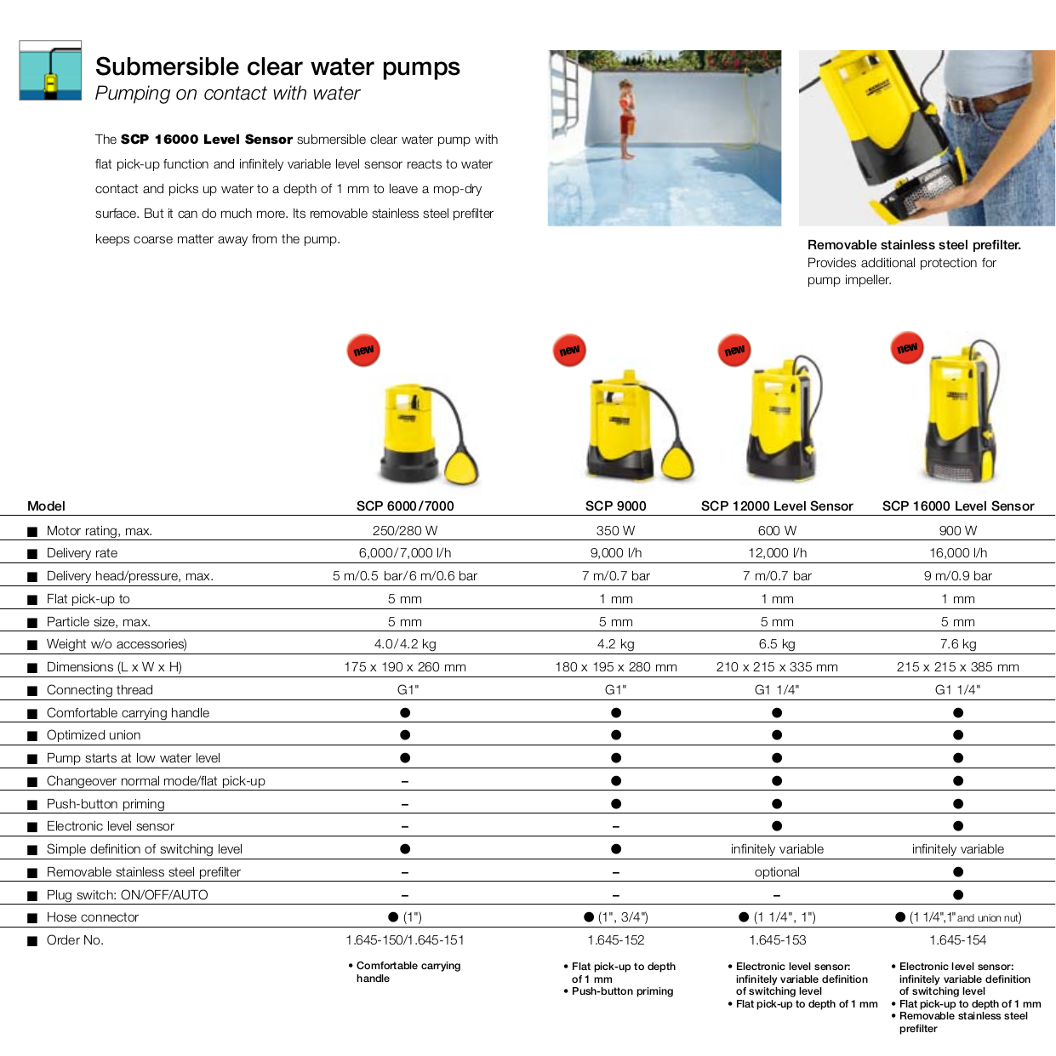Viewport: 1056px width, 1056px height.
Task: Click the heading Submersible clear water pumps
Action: pyautogui.click(x=277, y=67)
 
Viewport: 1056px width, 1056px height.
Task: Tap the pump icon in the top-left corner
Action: pyautogui.click(x=50, y=71)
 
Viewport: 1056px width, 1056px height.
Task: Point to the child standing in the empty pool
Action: pyautogui.click(x=626, y=119)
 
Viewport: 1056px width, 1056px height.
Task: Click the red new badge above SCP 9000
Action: pyautogui.click(x=569, y=351)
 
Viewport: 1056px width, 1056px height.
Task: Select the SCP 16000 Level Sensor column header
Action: pyautogui.click(x=958, y=506)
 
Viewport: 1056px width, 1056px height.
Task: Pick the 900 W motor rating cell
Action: pyautogui.click(x=958, y=531)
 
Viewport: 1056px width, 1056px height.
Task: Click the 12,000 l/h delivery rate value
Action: pyautogui.click(x=777, y=553)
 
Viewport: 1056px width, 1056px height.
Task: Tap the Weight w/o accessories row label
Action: pyautogui.click(x=117, y=644)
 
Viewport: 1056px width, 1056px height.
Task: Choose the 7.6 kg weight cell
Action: pyautogui.click(x=958, y=644)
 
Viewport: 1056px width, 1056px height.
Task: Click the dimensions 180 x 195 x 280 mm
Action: pyautogui.click(x=616, y=667)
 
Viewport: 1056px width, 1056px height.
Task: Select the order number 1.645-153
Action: pyautogui.click(x=777, y=940)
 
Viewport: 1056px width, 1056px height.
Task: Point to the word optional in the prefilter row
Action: pyautogui.click(x=777, y=872)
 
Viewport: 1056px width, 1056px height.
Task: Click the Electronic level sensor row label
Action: pyautogui.click(x=111, y=826)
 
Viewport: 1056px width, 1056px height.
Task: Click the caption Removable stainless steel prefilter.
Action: pyautogui.click(x=914, y=245)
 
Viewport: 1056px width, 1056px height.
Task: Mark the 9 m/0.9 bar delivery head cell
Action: pyautogui.click(x=958, y=576)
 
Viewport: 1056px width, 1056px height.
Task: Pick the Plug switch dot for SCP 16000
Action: pyautogui.click(x=958, y=895)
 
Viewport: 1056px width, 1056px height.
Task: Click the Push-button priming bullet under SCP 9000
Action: pyautogui.click(x=622, y=991)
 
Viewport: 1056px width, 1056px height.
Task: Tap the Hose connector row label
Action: pyautogui.click(x=93, y=917)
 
